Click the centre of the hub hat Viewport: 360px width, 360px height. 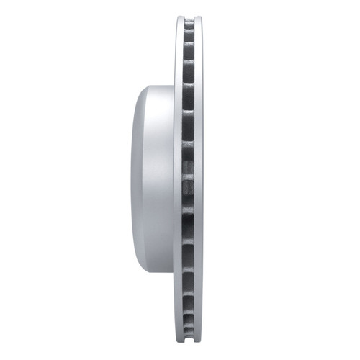(x=153, y=180)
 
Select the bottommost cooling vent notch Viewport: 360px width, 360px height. (x=189, y=333)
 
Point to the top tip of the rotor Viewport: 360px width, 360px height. (x=189, y=14)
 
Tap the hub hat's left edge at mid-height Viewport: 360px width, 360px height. (x=131, y=180)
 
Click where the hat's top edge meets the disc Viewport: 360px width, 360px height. (x=174, y=86)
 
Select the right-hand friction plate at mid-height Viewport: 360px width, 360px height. (x=199, y=180)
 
